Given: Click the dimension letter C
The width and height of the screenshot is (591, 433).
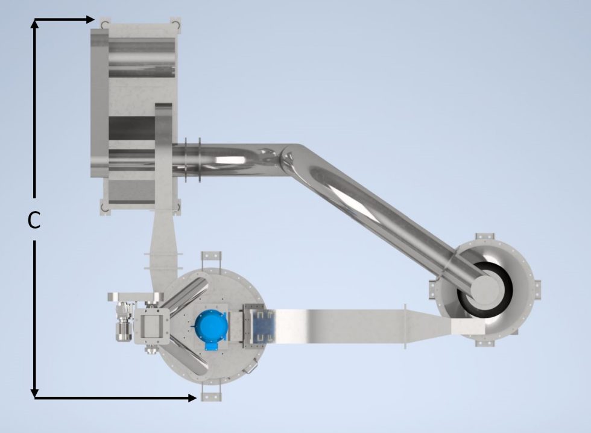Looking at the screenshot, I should [34, 221].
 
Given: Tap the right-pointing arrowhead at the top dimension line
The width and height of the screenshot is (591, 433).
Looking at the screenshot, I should [90, 19].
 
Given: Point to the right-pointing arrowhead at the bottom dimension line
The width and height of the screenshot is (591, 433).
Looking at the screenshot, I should [192, 397].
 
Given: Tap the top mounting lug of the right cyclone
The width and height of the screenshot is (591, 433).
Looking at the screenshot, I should [484, 238].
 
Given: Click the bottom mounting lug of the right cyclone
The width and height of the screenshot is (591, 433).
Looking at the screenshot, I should [484, 342].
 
